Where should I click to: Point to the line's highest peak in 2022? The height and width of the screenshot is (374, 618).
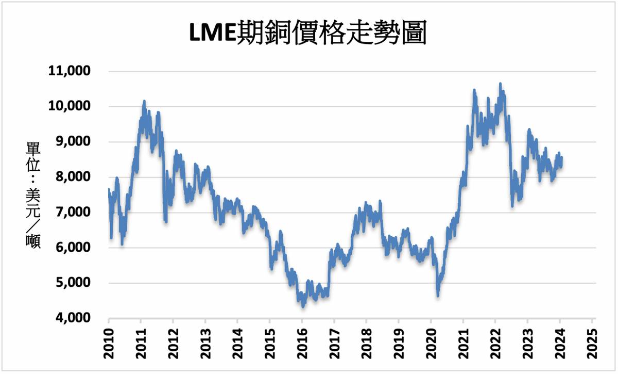(500, 84)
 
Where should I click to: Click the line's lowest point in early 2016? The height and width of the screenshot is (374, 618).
(303, 306)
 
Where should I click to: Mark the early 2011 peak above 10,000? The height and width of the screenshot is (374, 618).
(144, 102)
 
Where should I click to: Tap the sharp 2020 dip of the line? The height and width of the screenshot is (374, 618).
(438, 295)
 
